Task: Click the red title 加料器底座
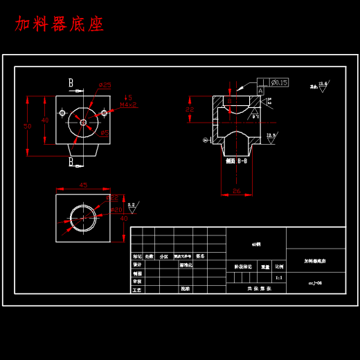pos(60,25)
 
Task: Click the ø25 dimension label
pos(105,85)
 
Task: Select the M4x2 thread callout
pos(129,105)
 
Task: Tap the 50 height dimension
pos(28,127)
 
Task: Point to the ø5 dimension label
pos(105,132)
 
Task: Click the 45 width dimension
pos(83,185)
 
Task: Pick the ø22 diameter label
pos(112,199)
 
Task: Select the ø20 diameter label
pos(116,209)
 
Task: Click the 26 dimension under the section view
pos(236,190)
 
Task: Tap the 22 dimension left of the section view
pos(190,109)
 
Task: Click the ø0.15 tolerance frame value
pos(279,82)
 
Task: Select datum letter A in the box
pos(260,91)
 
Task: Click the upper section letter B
pos(71,83)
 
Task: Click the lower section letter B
pos(71,161)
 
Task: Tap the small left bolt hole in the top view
pos(62,111)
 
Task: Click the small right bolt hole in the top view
pos(105,111)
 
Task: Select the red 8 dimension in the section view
pos(229,101)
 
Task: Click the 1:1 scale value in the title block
pos(279,277)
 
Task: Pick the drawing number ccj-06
pos(315,282)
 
